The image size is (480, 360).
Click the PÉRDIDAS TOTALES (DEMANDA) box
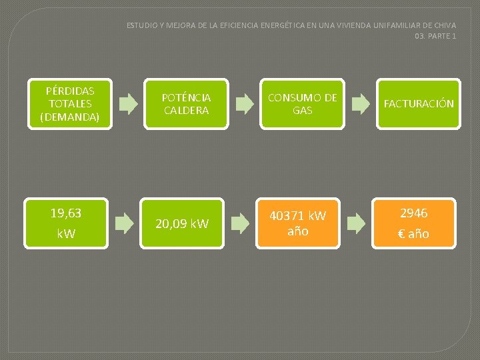tap(70, 103)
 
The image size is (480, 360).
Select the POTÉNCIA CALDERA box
tap(186, 103)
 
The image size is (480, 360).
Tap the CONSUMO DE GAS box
tap(302, 103)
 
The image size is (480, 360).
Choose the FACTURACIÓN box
tap(418, 103)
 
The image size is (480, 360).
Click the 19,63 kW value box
tap(66, 223)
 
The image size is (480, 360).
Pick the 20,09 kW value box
tap(182, 223)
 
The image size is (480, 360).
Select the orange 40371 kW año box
tap(297, 223)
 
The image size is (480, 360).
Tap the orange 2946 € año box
tap(414, 223)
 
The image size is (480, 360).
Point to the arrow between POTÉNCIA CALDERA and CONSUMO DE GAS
tap(245, 103)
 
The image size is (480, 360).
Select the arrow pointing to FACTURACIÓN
tap(360, 103)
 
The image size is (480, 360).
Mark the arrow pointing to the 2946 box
tap(356, 223)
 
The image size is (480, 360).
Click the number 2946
tap(414, 213)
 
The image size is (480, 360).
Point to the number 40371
tap(287, 216)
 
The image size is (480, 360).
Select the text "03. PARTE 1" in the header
tap(435, 36)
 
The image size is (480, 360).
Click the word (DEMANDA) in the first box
tap(70, 117)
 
